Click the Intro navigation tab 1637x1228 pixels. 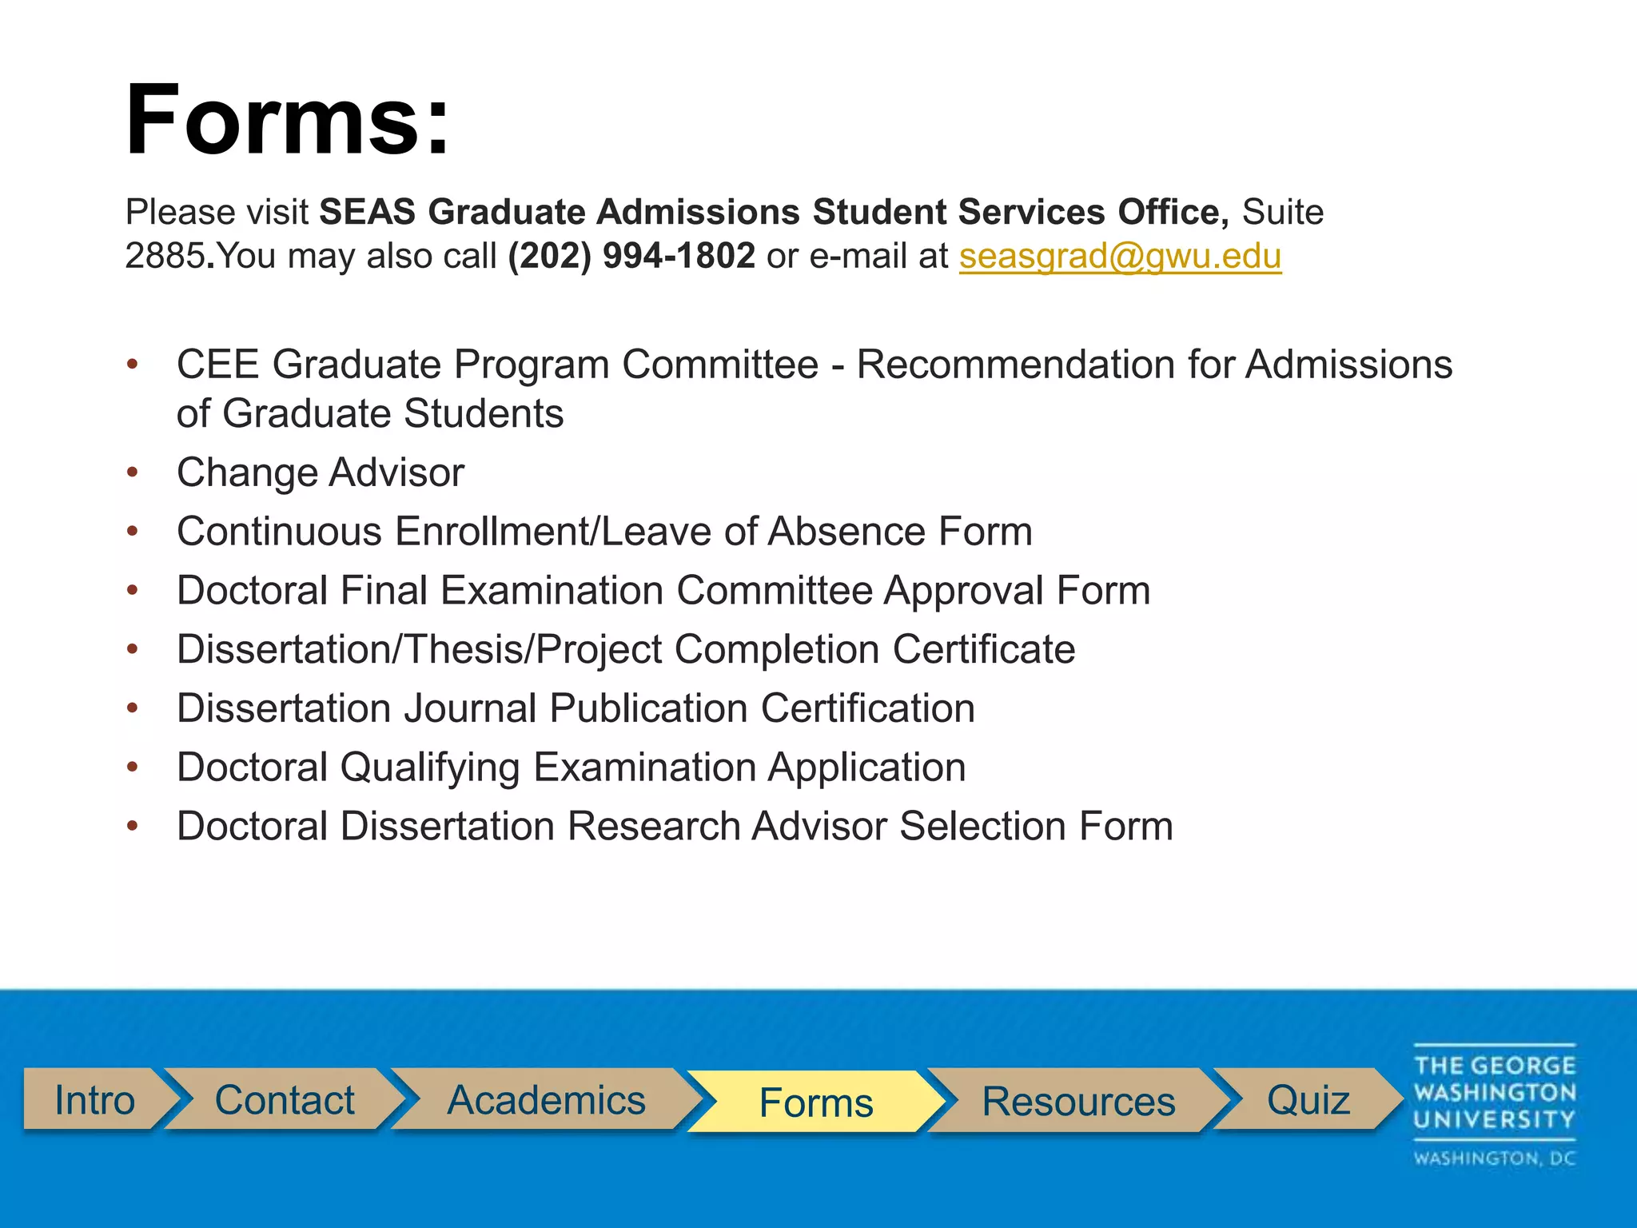pos(94,1100)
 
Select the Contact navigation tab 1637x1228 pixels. pos(284,1100)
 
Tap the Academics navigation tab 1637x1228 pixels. pos(546,1100)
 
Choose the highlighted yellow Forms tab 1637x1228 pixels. pos(815,1102)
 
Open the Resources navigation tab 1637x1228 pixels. pos(1078,1102)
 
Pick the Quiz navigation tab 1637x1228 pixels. pos(1308,1100)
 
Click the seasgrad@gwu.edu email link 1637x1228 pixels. pos(1120,257)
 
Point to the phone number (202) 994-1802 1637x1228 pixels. pos(631,257)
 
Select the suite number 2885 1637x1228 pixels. pos(165,257)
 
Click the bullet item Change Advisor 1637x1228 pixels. pos(320,472)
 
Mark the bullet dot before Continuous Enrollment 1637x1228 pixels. pos(133,531)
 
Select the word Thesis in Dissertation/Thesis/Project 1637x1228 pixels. pos(464,649)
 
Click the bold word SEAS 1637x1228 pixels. pos(368,213)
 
